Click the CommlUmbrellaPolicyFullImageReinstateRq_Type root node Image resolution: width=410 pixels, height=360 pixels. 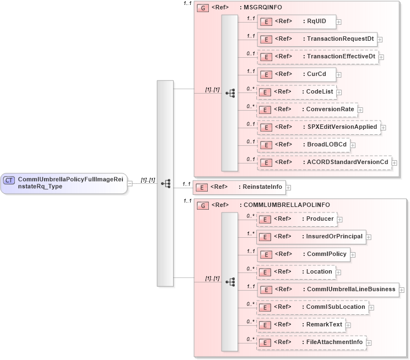point(63,183)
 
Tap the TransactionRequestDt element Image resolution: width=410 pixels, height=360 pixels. point(317,39)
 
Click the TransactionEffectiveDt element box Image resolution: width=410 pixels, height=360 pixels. point(317,57)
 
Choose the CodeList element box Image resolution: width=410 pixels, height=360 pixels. point(296,92)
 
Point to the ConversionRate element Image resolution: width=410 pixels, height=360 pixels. point(307,110)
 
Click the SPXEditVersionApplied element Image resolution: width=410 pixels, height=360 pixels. point(319,127)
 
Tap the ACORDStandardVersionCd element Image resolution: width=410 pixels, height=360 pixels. point(325,162)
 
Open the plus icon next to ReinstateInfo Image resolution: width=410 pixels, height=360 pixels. point(288,188)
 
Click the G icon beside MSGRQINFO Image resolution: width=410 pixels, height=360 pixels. point(202,8)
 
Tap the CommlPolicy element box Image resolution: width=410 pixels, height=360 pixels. point(303,254)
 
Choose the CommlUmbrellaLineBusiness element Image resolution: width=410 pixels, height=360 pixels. point(328,290)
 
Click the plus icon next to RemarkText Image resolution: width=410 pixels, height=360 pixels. point(348,325)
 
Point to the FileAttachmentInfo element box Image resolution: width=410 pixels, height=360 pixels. point(311,342)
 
